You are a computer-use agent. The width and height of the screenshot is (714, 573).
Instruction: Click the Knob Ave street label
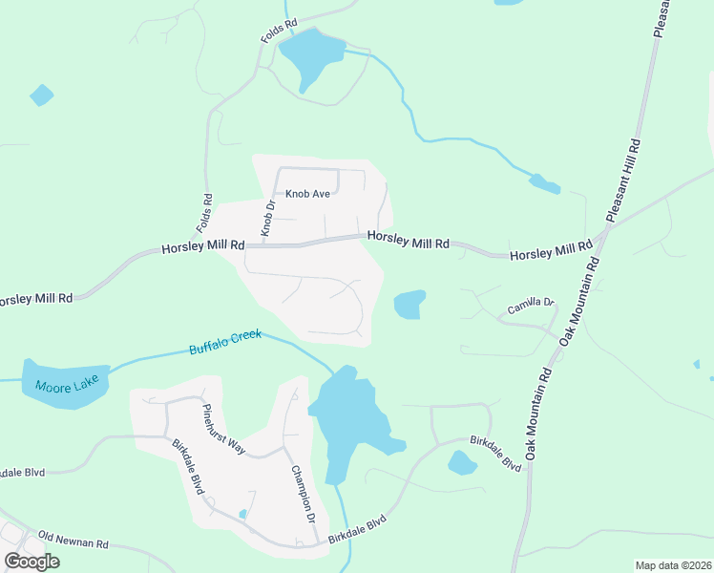click(x=307, y=194)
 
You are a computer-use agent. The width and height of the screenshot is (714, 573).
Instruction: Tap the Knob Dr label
click(x=268, y=218)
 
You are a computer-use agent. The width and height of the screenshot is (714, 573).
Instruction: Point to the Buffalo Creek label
click(x=225, y=344)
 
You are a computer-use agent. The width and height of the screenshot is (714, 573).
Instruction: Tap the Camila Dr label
click(x=531, y=306)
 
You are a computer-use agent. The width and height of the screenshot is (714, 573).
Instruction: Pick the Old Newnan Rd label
click(x=73, y=540)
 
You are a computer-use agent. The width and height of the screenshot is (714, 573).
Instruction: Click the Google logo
click(x=31, y=562)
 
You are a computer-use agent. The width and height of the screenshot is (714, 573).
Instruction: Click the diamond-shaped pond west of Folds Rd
click(x=42, y=95)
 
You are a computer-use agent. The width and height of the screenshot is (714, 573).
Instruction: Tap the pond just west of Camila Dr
click(x=409, y=305)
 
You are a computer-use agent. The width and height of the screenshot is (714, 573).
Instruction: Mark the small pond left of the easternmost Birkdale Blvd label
click(x=462, y=463)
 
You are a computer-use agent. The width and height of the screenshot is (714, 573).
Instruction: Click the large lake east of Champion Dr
click(x=353, y=420)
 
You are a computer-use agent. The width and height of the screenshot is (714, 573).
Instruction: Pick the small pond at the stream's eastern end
click(x=545, y=183)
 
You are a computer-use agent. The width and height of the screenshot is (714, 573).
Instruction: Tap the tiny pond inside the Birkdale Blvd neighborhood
click(x=242, y=514)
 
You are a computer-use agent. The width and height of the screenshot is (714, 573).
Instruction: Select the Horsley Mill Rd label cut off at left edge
click(x=36, y=299)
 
